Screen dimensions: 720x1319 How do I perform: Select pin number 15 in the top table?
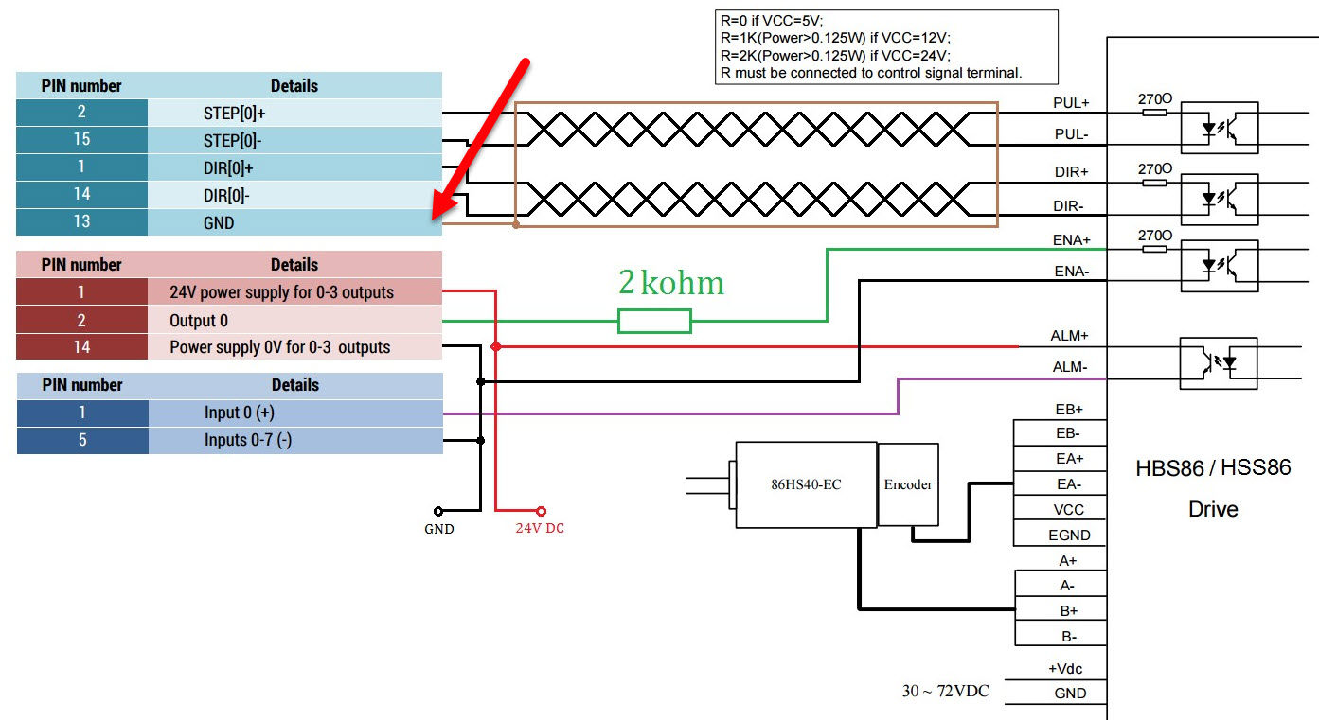(x=81, y=139)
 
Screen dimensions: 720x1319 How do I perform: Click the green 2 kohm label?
(x=670, y=283)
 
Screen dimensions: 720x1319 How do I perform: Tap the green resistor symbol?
(x=654, y=322)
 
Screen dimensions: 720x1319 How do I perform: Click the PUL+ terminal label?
(x=1071, y=102)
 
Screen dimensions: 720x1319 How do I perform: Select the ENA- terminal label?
(x=1071, y=272)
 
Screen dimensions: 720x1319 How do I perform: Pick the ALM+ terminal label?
(x=1070, y=336)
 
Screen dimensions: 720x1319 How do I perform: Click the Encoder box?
(x=908, y=484)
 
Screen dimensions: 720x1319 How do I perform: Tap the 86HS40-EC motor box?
(x=806, y=484)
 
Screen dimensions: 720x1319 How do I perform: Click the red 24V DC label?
(x=540, y=528)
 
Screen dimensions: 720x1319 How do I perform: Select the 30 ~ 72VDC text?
(x=944, y=691)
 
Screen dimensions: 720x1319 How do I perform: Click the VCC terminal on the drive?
(x=1069, y=509)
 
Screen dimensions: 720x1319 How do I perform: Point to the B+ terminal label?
(x=1068, y=611)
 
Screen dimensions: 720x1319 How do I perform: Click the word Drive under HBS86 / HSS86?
(x=1213, y=509)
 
